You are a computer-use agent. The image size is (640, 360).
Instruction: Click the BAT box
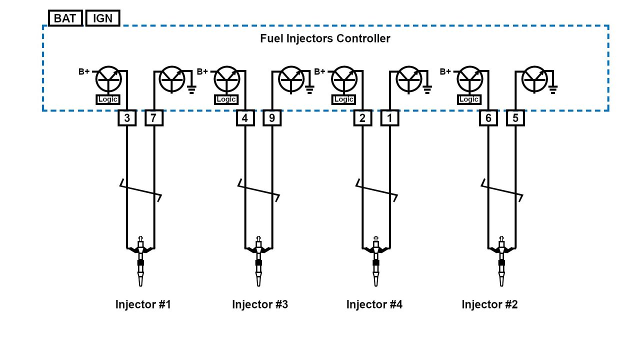click(x=65, y=18)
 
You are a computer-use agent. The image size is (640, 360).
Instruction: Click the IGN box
click(x=102, y=18)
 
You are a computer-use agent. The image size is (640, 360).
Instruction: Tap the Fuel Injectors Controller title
click(x=325, y=38)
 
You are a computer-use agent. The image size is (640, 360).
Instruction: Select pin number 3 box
click(x=127, y=118)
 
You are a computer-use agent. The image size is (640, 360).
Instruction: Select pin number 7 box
click(x=154, y=118)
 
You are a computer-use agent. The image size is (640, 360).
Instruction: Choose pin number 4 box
click(x=245, y=118)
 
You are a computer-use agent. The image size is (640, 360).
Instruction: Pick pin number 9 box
click(x=272, y=118)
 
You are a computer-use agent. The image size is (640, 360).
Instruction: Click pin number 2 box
click(x=362, y=118)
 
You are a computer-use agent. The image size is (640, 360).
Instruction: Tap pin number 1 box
click(x=389, y=118)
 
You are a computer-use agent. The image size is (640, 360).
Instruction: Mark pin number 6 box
click(x=488, y=118)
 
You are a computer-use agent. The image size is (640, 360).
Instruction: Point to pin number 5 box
click(x=515, y=118)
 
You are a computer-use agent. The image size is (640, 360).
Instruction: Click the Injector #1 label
click(x=143, y=304)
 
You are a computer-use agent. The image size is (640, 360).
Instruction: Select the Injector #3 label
click(x=260, y=304)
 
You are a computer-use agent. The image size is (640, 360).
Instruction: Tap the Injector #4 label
click(x=374, y=304)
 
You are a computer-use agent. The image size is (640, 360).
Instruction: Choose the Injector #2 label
click(x=489, y=304)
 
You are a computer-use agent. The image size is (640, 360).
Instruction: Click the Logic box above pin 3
click(x=108, y=99)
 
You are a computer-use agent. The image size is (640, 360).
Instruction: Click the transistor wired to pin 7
click(x=171, y=79)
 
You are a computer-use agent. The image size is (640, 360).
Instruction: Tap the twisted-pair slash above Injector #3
click(x=258, y=190)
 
